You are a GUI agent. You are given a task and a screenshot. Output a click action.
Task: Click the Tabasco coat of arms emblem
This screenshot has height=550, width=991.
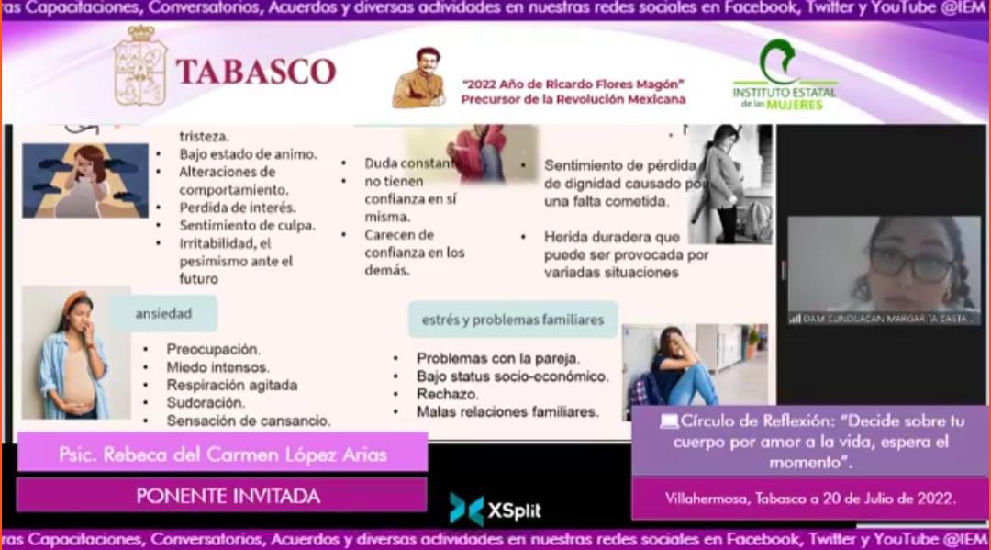click(140, 66)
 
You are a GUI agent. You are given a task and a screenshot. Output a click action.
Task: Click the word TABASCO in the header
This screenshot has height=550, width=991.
click(255, 72)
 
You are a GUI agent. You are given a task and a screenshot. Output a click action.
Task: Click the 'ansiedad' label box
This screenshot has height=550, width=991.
click(163, 314)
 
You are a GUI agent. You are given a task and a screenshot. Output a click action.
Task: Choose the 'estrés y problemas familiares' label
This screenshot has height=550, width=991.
click(513, 320)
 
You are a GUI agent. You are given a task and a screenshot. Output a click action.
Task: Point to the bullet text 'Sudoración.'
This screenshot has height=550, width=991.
click(206, 402)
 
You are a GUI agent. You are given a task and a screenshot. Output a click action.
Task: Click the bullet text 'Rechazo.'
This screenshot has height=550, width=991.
click(447, 394)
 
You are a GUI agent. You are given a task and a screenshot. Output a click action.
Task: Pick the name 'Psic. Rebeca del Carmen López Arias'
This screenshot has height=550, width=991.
click(222, 455)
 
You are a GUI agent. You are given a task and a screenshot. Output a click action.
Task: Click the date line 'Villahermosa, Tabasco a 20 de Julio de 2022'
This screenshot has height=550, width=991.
click(810, 499)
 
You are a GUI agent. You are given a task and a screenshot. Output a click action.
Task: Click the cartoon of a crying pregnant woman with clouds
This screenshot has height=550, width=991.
click(84, 181)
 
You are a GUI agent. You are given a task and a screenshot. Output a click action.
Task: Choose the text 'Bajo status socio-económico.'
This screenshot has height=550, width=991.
click(512, 376)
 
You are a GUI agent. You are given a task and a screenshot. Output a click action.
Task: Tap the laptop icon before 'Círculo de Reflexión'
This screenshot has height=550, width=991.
click(669, 421)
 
